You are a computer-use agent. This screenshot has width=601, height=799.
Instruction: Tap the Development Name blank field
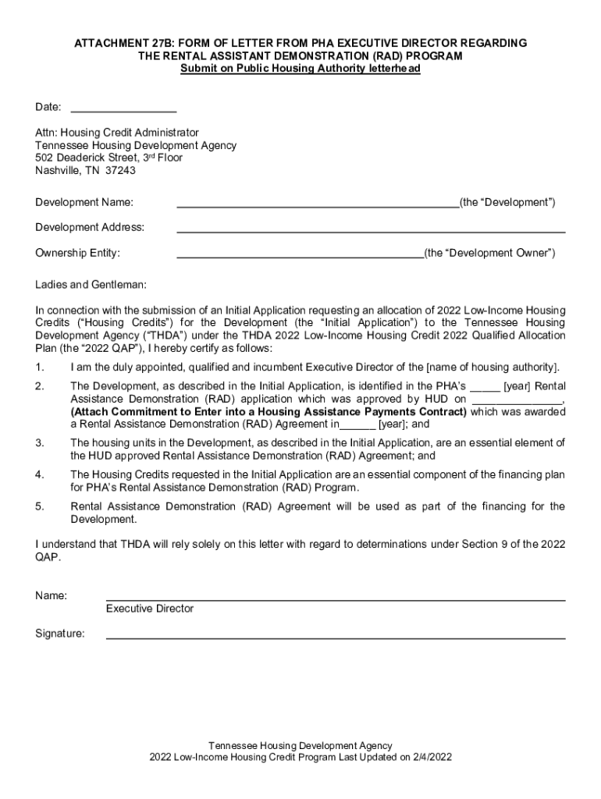[318, 205]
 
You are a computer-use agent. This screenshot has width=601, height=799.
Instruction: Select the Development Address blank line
[371, 230]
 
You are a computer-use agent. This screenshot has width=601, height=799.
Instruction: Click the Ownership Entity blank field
[300, 255]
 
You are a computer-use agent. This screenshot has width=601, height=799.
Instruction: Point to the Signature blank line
[336, 636]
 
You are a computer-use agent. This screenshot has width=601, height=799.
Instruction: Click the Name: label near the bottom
[51, 595]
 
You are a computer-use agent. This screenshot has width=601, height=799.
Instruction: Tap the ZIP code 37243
[120, 170]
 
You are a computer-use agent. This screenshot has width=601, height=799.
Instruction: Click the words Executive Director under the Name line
[150, 609]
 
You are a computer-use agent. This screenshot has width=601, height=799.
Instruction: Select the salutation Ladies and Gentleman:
[91, 285]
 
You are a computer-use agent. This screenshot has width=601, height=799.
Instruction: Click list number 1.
[39, 368]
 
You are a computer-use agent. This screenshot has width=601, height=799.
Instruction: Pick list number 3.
[39, 443]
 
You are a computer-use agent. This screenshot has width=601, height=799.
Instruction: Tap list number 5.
[39, 506]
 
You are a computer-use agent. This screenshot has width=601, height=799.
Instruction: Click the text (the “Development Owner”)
[489, 253]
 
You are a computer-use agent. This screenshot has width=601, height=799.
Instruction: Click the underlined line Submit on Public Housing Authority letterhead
[300, 69]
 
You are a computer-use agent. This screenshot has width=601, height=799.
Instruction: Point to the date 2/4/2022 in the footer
[429, 757]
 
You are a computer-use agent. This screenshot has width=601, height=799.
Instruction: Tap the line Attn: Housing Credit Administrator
[117, 133]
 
